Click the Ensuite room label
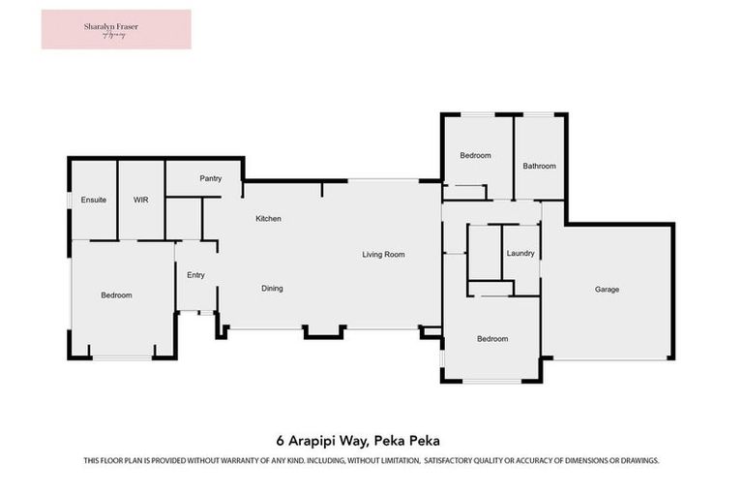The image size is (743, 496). click(x=93, y=199)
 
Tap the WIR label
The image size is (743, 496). click(x=140, y=199)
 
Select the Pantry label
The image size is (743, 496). click(x=211, y=178)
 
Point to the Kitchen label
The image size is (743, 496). click(x=268, y=219)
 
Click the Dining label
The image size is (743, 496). click(x=272, y=289)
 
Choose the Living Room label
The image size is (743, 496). click(x=383, y=255)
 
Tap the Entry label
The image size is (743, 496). click(x=195, y=275)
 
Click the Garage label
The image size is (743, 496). click(x=607, y=290)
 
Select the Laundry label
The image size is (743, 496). click(x=520, y=254)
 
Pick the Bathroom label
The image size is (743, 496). click(x=540, y=166)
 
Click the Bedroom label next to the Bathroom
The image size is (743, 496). click(x=475, y=156)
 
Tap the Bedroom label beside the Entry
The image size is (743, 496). click(x=116, y=295)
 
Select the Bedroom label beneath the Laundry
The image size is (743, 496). click(x=492, y=339)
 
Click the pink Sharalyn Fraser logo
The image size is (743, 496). click(x=116, y=29)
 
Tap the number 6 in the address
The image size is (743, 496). click(x=280, y=440)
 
